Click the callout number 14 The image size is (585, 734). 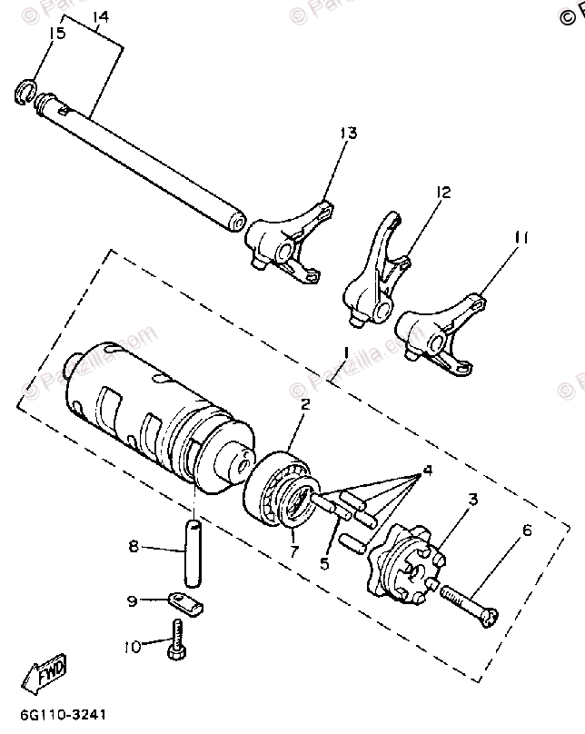point(100,17)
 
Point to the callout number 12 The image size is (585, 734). point(442,193)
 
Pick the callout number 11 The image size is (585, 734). point(520,239)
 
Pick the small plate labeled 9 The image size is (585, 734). point(186,601)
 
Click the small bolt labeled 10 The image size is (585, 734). point(176,641)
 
